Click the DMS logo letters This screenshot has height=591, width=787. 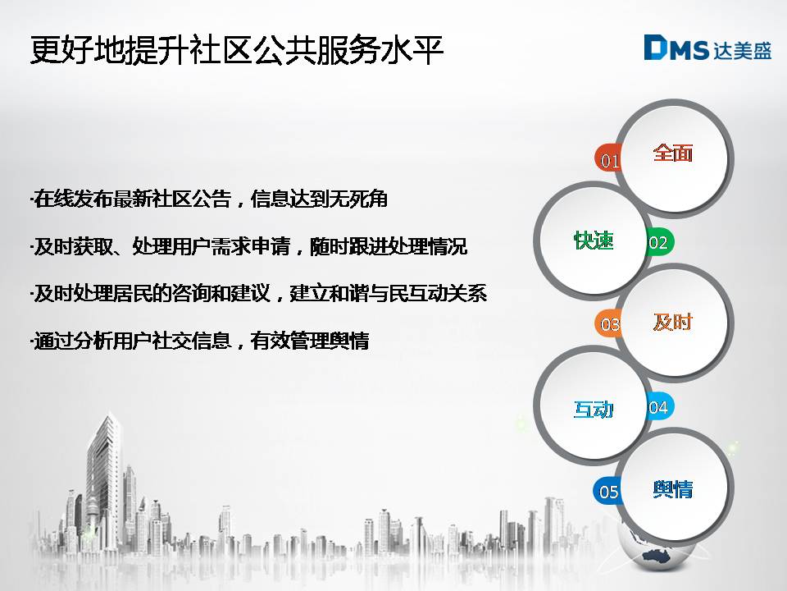pyautogui.click(x=676, y=48)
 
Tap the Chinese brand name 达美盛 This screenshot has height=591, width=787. pyautogui.click(x=742, y=50)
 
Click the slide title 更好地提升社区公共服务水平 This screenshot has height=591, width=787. pyautogui.click(x=237, y=50)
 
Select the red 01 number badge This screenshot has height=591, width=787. pyautogui.click(x=608, y=158)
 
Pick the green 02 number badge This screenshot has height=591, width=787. pyautogui.click(x=659, y=241)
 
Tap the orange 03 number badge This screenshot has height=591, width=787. pyautogui.click(x=608, y=323)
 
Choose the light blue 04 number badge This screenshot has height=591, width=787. pyautogui.click(x=659, y=406)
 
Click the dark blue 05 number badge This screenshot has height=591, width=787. pyautogui.click(x=607, y=491)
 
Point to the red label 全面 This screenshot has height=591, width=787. pyautogui.click(x=672, y=153)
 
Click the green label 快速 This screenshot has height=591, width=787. pyautogui.click(x=594, y=241)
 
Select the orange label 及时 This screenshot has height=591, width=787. pyautogui.click(x=672, y=322)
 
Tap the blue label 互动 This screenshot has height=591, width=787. pyautogui.click(x=594, y=410)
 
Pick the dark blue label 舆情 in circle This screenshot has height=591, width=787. pyautogui.click(x=672, y=489)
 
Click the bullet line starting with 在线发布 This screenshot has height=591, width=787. pyautogui.click(x=209, y=199)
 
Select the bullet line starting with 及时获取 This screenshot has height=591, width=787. pyautogui.click(x=248, y=246)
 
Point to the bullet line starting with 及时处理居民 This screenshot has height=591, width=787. pyautogui.click(x=258, y=294)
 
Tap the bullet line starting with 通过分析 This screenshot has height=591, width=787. pyautogui.click(x=200, y=341)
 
